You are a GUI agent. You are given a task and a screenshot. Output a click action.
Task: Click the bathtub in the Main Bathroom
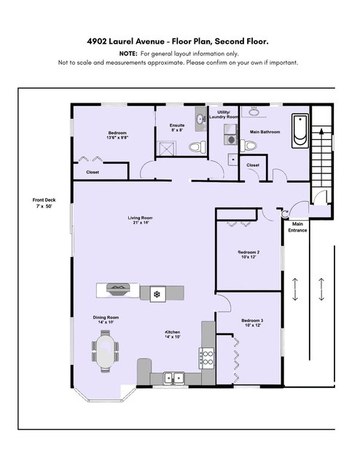(300, 131)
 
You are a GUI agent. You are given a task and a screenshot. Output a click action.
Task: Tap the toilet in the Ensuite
(197, 147)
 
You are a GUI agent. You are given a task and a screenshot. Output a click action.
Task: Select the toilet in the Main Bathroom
(249, 146)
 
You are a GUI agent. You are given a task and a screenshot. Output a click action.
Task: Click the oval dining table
(106, 351)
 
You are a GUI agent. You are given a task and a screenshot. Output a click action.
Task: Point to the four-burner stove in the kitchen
(206, 358)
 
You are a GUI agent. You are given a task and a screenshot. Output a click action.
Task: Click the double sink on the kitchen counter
(173, 379)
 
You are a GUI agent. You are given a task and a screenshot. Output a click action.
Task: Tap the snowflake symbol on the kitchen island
(157, 294)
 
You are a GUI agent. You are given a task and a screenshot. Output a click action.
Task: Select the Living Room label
(141, 220)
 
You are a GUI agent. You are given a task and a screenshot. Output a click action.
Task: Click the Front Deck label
(44, 203)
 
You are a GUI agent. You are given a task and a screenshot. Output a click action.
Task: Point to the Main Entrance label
(297, 227)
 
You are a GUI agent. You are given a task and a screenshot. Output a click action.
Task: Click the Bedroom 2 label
(249, 254)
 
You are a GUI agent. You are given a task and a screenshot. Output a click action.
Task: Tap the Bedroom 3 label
(252, 323)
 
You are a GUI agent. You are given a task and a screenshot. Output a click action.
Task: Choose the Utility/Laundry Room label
(224, 114)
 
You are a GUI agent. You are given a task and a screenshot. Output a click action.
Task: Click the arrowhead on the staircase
(321, 131)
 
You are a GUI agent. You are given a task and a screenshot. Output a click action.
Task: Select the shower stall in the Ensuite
(166, 149)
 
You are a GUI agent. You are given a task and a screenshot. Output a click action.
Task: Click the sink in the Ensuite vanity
(200, 119)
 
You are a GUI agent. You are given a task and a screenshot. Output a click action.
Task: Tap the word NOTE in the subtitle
(128, 54)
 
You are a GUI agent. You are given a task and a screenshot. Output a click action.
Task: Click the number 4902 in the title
(96, 41)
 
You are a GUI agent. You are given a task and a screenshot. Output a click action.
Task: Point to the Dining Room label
(106, 320)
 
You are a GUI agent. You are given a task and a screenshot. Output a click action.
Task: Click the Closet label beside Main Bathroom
(253, 165)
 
